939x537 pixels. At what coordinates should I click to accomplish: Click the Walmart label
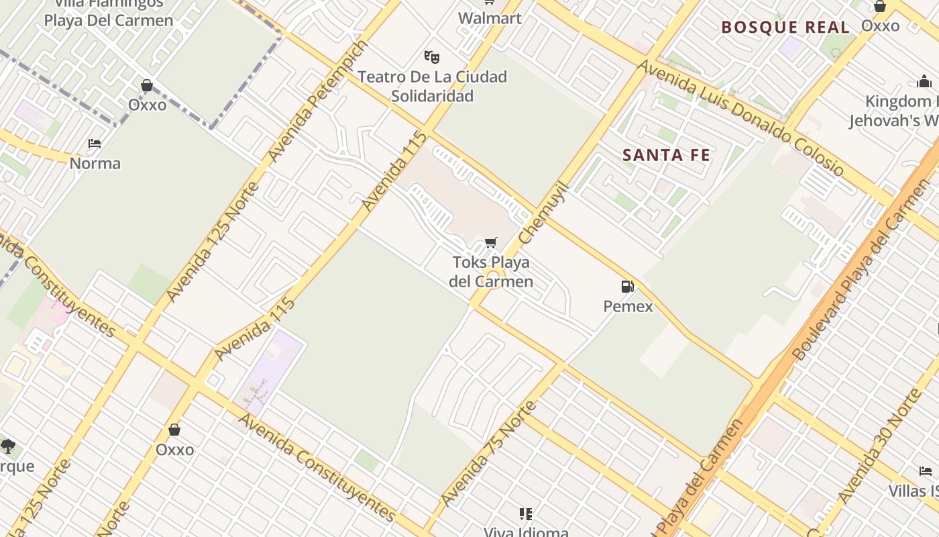point(490,18)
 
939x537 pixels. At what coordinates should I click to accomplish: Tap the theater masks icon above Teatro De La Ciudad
point(431,56)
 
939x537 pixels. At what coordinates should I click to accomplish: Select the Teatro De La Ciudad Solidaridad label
point(432,86)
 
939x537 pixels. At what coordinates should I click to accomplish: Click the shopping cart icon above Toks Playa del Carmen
point(491,242)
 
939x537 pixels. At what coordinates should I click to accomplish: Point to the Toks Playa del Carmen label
point(491,271)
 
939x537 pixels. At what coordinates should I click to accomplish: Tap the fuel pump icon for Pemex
point(628,287)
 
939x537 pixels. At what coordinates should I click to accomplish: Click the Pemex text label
point(628,306)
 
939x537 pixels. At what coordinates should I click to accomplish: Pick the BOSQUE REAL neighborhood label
point(785,28)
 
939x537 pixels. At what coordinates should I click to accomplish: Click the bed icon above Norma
point(95,144)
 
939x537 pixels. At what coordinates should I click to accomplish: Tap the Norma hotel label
point(95,163)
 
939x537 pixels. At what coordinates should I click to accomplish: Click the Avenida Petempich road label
point(318,101)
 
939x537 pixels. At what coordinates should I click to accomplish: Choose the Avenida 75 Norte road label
point(488,453)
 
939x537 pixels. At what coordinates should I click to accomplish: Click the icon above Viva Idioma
point(526,514)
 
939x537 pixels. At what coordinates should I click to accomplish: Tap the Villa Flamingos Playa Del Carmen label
point(109,12)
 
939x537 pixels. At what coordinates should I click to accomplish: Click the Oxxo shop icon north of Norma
point(147,85)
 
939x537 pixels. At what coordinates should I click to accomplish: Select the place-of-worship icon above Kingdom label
point(924,83)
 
